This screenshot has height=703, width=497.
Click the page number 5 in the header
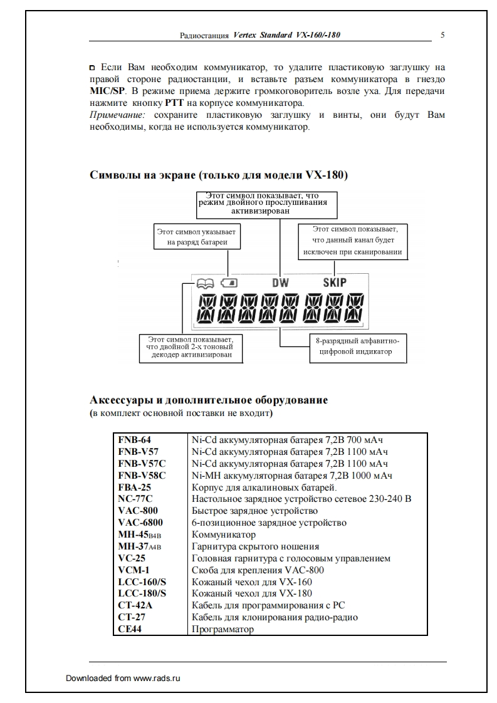pyautogui.click(x=442, y=35)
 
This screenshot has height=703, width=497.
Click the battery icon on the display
pyautogui.click(x=229, y=283)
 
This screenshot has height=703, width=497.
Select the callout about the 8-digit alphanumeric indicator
pyautogui.click(x=358, y=346)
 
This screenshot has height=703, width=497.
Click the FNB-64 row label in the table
pyautogui.click(x=134, y=440)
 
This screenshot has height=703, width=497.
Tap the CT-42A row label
pyautogui.click(x=135, y=605)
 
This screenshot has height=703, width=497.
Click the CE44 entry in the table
pyautogui.click(x=129, y=629)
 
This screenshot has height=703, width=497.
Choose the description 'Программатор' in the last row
pyautogui.click(x=222, y=629)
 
